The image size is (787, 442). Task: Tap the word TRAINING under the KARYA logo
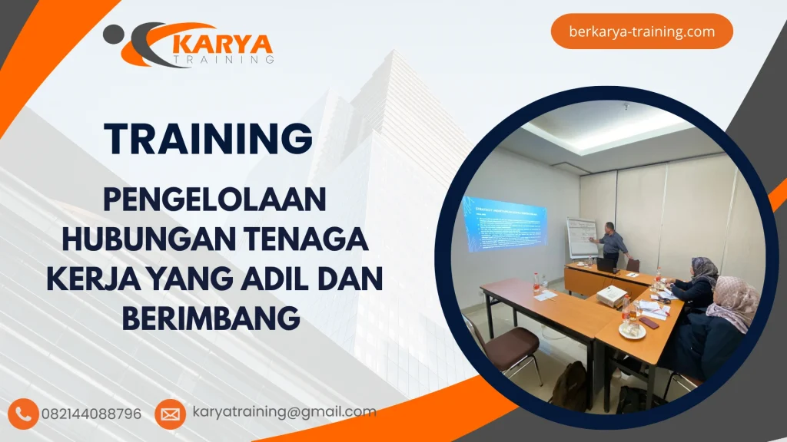click(224, 58)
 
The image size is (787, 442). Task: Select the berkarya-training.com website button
click(642, 31)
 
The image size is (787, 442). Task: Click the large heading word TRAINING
click(209, 138)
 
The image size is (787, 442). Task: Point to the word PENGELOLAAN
click(214, 202)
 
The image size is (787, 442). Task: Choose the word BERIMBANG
click(211, 316)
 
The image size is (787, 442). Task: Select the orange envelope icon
click(170, 414)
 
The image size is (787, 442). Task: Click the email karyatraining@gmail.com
click(284, 412)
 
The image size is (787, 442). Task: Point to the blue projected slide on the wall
click(504, 223)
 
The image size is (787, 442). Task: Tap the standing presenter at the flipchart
click(613, 241)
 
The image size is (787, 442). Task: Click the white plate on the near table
click(632, 331)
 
